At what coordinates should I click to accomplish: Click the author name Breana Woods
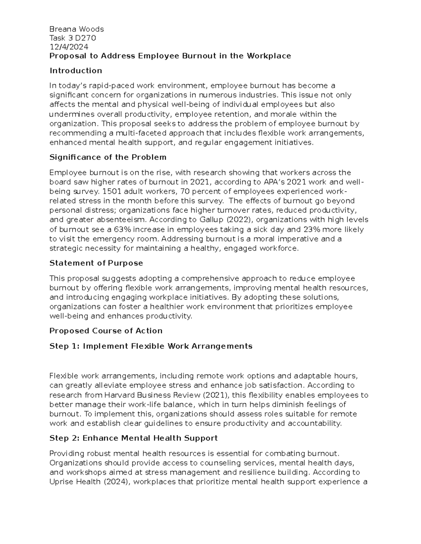pos(76,29)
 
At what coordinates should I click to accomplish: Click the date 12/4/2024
pos(69,47)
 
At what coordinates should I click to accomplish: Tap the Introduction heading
pos(76,71)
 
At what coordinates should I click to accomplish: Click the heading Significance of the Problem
pos(108,157)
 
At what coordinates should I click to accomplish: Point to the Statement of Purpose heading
pos(96,263)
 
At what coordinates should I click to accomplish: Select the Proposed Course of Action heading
pos(106,331)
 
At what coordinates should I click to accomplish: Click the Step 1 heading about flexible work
pos(151,346)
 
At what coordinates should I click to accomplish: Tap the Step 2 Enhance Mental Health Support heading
pos(133,438)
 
